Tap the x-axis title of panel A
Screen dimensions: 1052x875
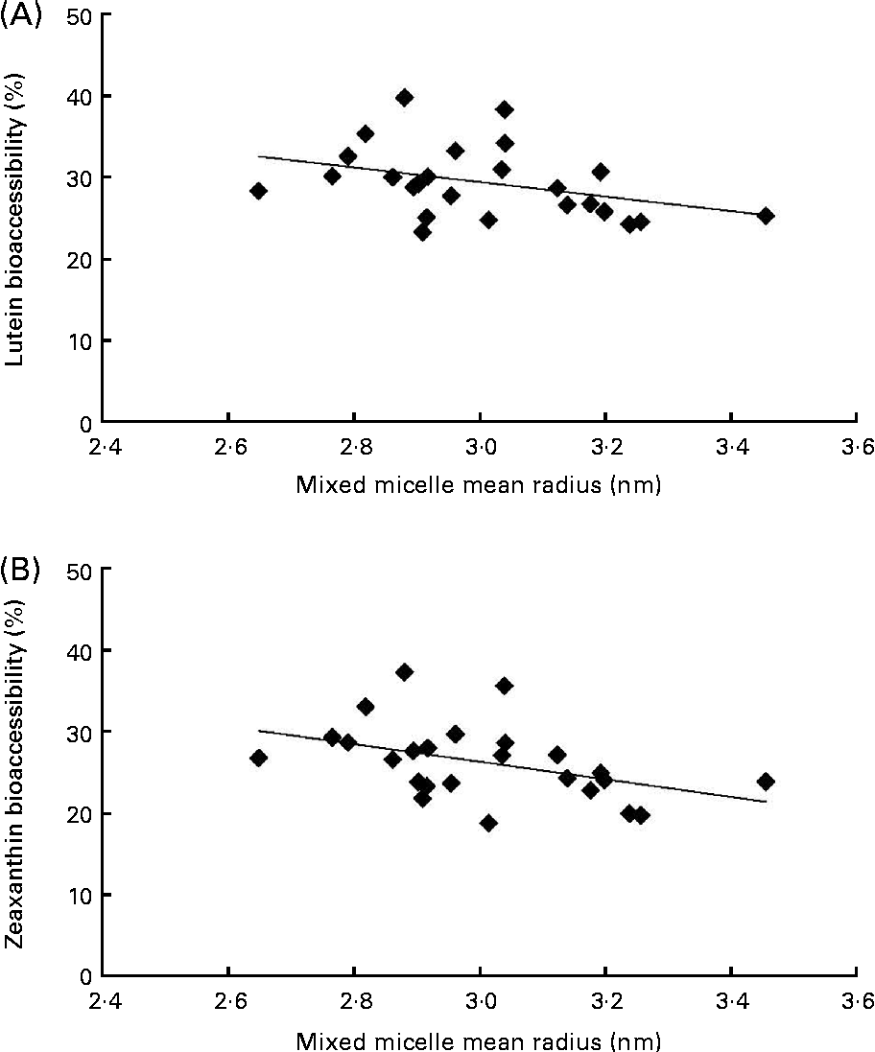[x=480, y=485]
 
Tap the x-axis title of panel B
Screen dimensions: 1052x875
[x=480, y=1039]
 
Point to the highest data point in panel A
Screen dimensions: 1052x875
[x=405, y=98]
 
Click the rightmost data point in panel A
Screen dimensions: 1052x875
[x=766, y=216]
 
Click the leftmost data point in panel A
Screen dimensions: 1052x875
[x=258, y=191]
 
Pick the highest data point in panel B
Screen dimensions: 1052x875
[x=405, y=672]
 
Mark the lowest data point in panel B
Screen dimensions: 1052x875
[x=488, y=823]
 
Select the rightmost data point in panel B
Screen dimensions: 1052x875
[x=766, y=782]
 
